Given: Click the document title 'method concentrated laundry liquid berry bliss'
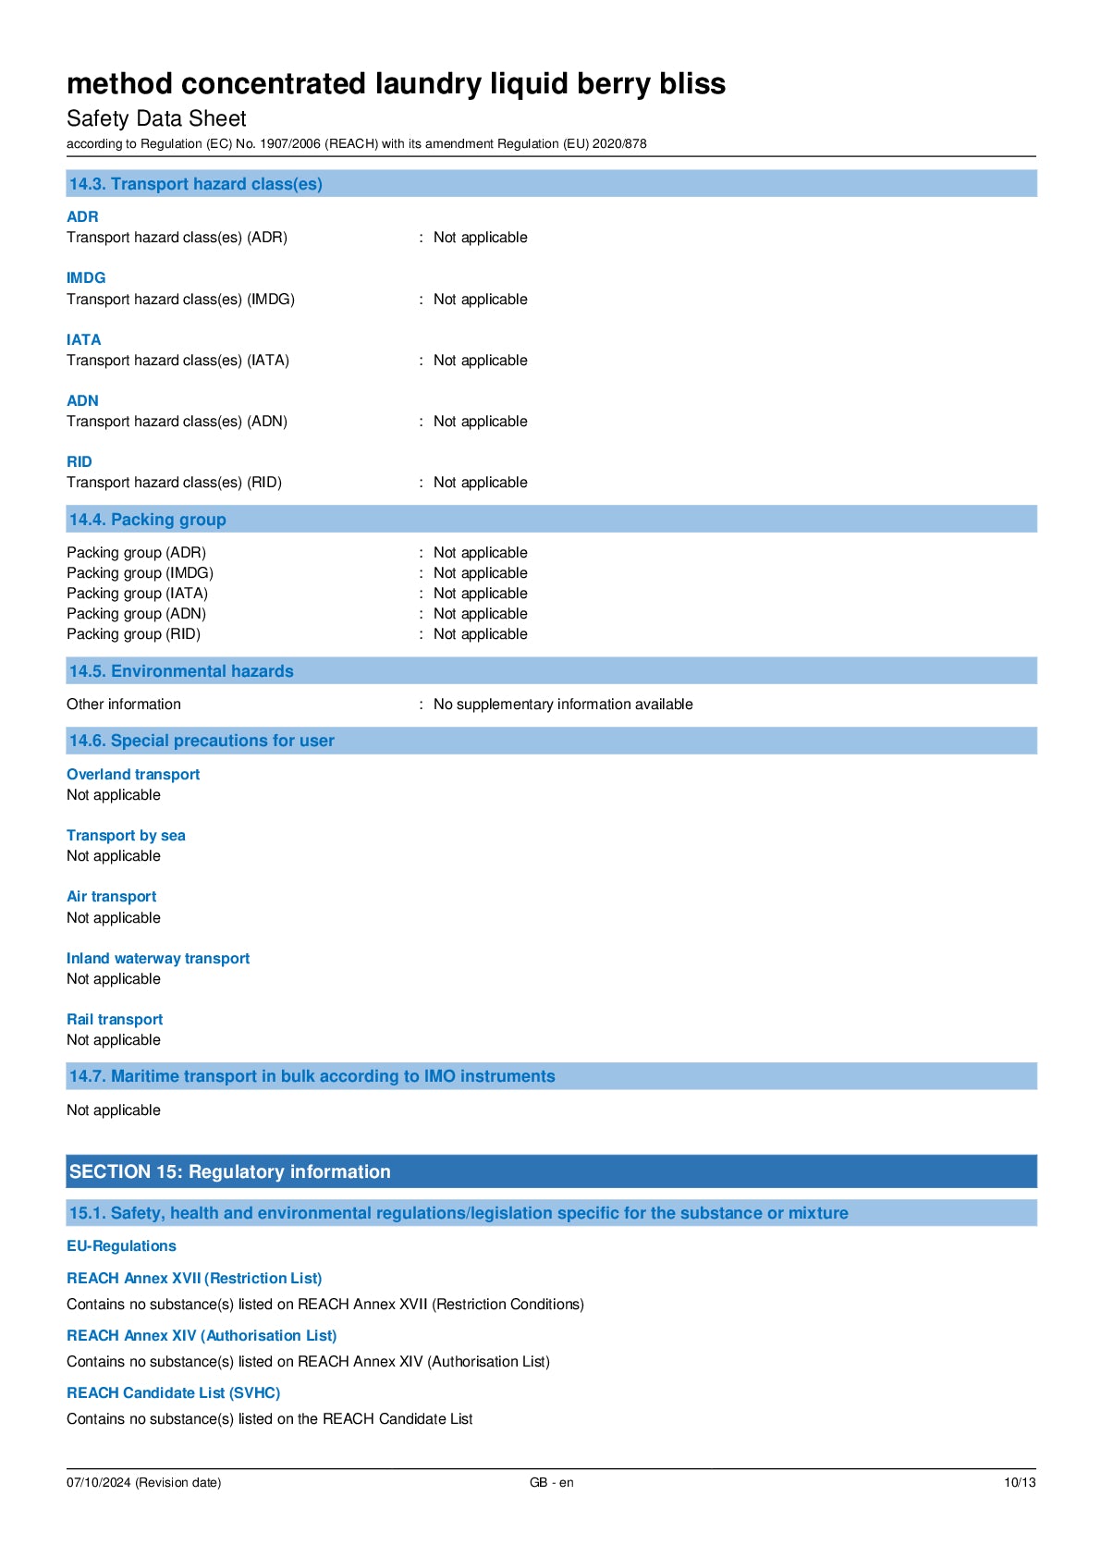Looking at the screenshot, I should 396,84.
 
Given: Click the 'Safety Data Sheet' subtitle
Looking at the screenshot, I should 156,119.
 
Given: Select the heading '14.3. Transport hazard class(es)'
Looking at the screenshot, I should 196,184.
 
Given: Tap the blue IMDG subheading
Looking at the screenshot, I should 86,277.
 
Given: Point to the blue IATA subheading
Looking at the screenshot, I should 83,339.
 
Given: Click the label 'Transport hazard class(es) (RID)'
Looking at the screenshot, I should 174,483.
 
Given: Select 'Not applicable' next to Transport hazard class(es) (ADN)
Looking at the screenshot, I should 480,422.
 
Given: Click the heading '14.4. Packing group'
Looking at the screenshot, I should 148,520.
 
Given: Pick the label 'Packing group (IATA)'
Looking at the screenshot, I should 137,594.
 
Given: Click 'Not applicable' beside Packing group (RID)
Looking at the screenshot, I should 480,634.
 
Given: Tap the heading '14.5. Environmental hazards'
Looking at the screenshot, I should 181,671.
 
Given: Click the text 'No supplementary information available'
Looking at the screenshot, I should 563,705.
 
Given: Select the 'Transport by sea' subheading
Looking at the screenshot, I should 126,836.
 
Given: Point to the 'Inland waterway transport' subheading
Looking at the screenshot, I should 158,959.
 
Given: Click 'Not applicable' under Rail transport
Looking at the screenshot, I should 114,1040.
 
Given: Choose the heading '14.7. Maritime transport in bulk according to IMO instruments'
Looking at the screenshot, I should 312,1076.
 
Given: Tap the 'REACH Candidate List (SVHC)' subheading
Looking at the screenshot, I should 173,1393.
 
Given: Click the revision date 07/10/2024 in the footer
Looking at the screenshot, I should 143,1483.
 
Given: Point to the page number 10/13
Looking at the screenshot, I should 1020,1483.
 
